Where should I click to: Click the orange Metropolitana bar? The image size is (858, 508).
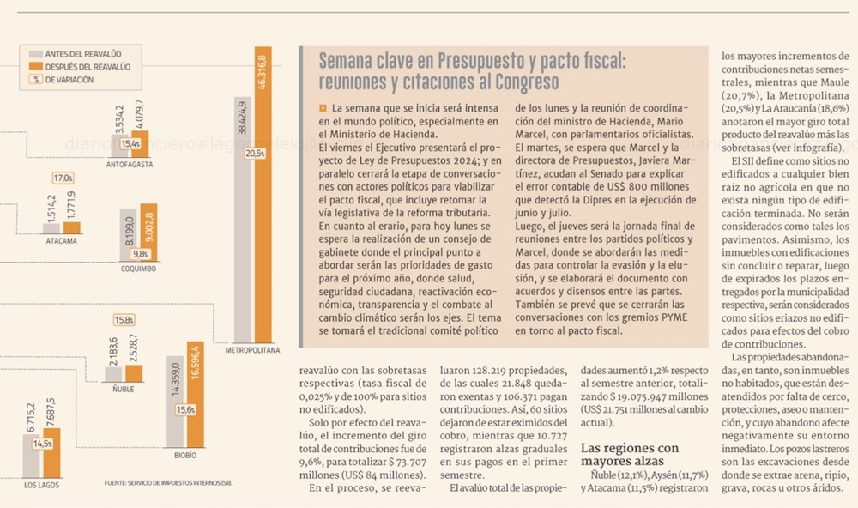pos(263,194)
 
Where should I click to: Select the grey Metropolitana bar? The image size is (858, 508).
pos(243,220)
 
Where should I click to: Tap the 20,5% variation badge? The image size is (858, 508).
pos(255,154)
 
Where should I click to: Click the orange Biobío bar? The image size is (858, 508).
pos(196,394)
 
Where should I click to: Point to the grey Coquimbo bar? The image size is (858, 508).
pos(128,234)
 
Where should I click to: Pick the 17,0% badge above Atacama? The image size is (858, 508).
pos(63,178)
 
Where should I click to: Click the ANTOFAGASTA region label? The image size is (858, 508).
pos(130,164)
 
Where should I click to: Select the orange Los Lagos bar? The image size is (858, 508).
pos(52,453)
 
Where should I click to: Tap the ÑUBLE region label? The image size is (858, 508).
pos(123,390)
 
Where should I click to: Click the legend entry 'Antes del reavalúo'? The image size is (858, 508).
pos(75,54)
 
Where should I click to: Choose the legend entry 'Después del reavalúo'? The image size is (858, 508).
pos(80,67)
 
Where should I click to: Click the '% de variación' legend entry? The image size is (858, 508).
pos(61,79)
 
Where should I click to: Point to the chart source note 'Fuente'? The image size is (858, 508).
pos(168,483)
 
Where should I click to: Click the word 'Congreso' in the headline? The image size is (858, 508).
pos(527,82)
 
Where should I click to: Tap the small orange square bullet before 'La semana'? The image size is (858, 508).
pos(323,108)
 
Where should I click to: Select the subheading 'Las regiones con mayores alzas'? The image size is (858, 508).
pos(629,454)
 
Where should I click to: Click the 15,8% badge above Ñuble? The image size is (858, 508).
pos(124,320)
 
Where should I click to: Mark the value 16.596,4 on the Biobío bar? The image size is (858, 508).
pos(196,362)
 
